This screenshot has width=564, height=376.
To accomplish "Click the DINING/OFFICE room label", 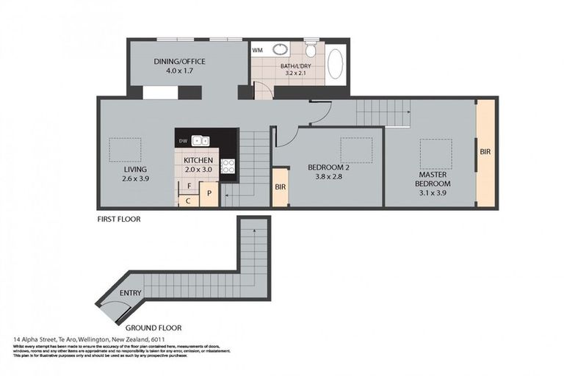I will point(179,61).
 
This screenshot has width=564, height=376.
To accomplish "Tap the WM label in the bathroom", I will point(258,50).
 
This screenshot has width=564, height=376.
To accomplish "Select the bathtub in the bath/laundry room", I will point(335,64).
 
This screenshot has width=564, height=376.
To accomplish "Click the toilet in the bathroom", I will point(311,50).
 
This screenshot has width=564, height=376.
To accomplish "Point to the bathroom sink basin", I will point(281,50).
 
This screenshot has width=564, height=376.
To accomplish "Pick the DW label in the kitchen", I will point(184,140).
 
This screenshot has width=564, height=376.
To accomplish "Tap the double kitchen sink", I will point(202,140).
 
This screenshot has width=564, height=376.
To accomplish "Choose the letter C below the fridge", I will point(188,200).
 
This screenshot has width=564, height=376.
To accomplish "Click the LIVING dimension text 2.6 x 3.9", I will point(136,178).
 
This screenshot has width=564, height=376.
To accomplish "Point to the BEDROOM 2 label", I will point(328,167).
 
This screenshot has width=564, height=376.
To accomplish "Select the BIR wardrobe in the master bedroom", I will point(485,152).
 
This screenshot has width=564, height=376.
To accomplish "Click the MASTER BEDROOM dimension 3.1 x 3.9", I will point(433,192).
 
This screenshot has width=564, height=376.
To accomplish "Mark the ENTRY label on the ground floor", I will point(130,294).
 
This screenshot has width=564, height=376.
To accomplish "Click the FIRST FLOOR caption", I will point(119,219).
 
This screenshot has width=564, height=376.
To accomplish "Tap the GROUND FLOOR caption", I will point(153,328).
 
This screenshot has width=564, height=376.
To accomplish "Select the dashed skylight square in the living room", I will point(121,150).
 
